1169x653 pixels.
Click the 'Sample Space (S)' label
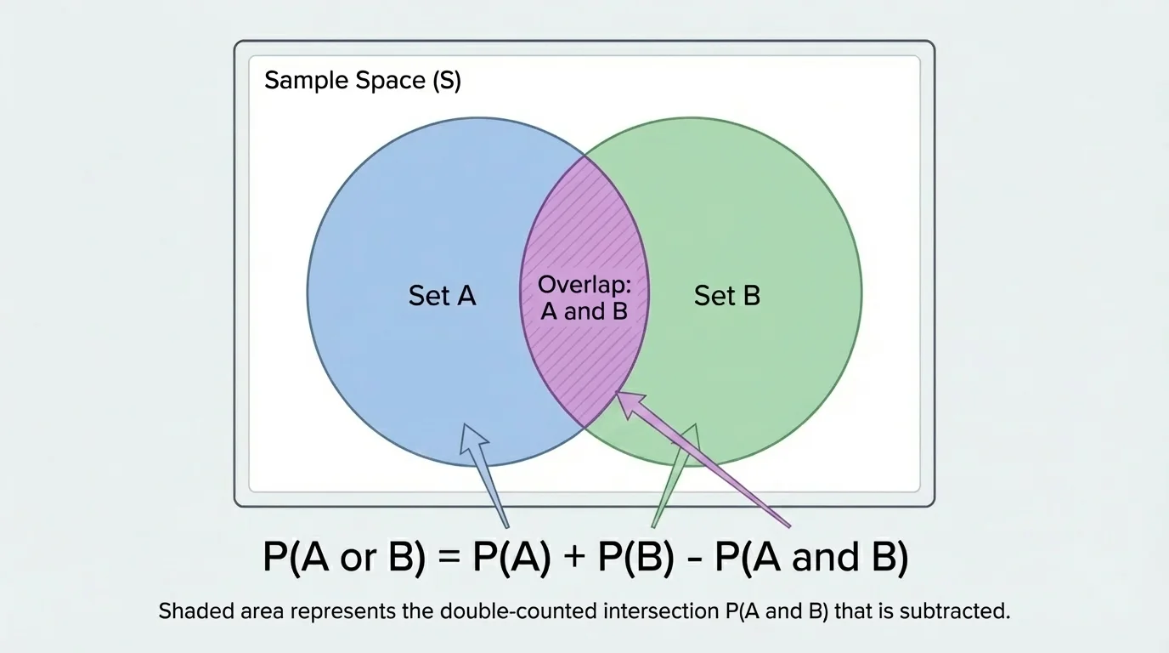coord(363,81)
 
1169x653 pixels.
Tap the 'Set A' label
coord(442,295)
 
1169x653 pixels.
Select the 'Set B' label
coord(726,295)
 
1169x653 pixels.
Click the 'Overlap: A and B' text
coord(584,298)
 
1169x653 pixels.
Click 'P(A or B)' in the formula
coord(344,558)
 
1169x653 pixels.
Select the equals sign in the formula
coord(449,559)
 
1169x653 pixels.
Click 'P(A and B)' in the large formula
coord(811,558)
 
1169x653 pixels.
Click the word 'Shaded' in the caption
coord(185,611)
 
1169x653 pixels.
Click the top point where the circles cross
coord(584,156)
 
